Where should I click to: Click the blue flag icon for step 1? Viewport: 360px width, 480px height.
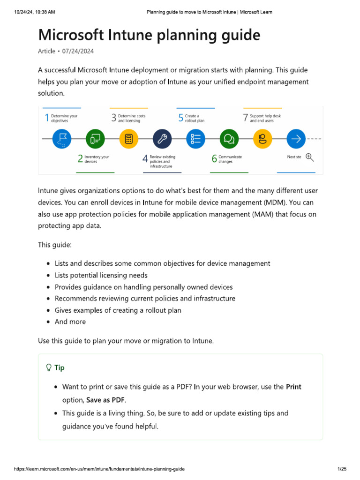click(62, 139)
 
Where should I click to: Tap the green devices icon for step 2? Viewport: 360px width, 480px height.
click(95, 139)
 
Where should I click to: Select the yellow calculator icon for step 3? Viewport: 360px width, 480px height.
click(129, 139)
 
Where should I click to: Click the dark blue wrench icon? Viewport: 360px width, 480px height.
click(162, 139)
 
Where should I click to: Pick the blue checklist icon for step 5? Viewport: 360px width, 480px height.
click(196, 139)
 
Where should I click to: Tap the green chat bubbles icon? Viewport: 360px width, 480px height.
click(229, 139)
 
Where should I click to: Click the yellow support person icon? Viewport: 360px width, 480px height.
click(262, 139)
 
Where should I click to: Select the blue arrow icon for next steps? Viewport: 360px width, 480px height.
click(296, 139)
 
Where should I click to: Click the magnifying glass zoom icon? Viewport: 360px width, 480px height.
click(310, 157)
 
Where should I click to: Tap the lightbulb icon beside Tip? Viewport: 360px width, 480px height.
click(48, 367)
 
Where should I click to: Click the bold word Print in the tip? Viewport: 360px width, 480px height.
click(293, 387)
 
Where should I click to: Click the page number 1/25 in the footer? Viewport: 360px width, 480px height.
click(341, 469)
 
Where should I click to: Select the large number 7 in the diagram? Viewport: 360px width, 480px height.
click(245, 118)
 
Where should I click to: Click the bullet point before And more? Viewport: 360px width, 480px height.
click(49, 322)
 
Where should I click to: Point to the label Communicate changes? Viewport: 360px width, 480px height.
click(230, 159)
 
